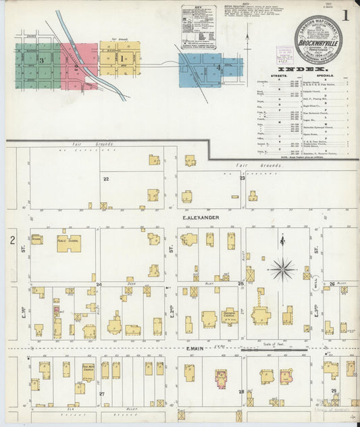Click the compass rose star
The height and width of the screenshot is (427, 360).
284,268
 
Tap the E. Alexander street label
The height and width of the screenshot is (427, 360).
200,218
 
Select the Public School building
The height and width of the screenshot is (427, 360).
68,243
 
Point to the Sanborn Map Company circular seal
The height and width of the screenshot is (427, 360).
318,39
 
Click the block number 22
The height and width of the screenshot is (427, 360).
106,179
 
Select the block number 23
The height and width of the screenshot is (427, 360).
242,178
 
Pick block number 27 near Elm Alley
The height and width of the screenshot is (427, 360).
102,393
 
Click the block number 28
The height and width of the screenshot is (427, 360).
240,392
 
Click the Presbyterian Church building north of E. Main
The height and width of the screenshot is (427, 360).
229,315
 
